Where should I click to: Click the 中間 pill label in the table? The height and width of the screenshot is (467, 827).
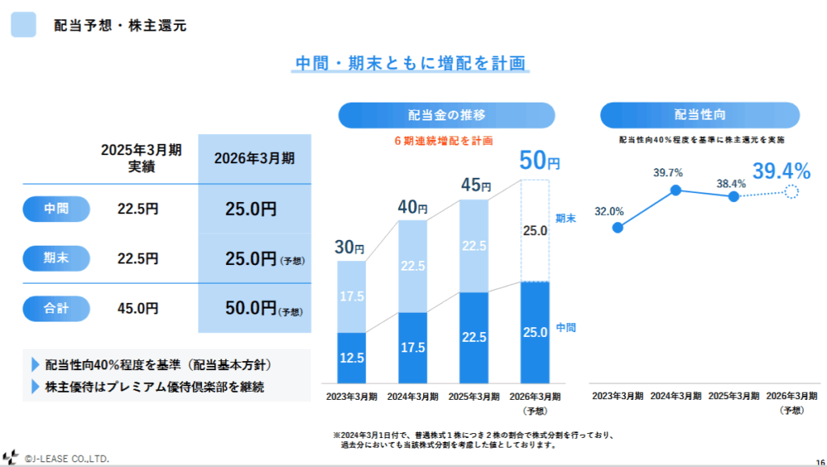click(57, 209)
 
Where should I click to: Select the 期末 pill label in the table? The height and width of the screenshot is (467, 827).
click(57, 259)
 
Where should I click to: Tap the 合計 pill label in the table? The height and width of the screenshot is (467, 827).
click(57, 308)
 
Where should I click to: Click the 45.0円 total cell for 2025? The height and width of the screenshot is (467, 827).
click(138, 308)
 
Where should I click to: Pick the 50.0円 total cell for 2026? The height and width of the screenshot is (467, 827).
click(251, 308)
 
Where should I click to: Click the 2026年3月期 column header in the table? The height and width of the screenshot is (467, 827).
click(254, 158)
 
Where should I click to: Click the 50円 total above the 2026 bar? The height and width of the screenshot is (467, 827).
click(538, 161)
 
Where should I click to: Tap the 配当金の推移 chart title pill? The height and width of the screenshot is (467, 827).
click(447, 115)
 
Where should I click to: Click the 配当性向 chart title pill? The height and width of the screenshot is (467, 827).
click(699, 115)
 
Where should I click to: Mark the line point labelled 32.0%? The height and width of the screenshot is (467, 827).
click(618, 227)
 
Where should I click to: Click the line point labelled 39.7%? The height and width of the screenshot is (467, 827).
click(676, 190)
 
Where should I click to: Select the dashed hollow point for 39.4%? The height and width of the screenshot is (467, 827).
click(791, 191)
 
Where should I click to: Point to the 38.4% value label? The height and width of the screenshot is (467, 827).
click(732, 183)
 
